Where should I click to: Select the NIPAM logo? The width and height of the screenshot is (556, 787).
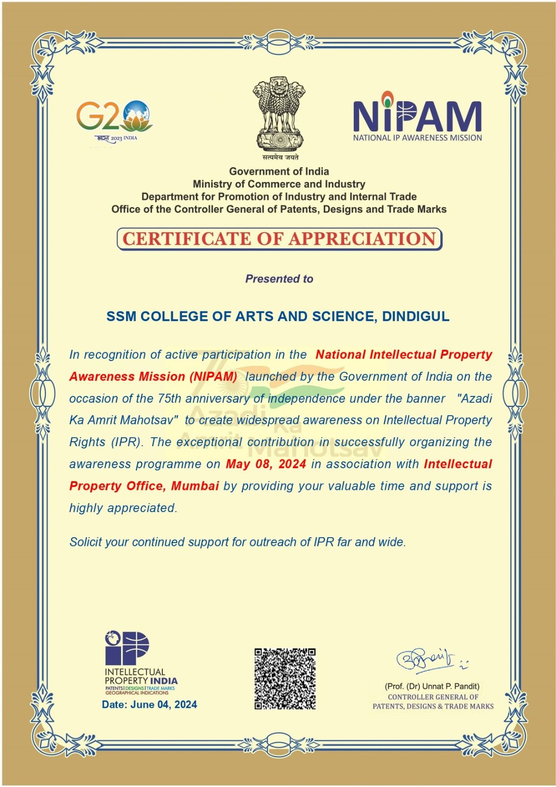coord(417,116)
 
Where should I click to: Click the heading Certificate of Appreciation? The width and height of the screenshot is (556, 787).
coord(279,239)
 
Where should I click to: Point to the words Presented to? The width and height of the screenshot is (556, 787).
coord(279,279)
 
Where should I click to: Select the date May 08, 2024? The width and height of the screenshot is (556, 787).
coord(266,464)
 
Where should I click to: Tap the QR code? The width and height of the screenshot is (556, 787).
coord(285,679)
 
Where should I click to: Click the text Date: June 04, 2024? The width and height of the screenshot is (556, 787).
coord(149,704)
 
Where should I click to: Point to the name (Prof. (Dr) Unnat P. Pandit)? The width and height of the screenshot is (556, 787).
coord(432,686)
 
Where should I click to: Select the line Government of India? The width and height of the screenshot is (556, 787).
coord(279,171)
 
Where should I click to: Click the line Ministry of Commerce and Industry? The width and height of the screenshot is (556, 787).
coord(279,184)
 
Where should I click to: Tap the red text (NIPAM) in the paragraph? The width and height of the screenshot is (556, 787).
coord(214,377)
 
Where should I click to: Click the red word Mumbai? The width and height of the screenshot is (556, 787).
coord(195,486)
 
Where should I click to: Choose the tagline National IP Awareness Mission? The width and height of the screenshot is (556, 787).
coord(417,138)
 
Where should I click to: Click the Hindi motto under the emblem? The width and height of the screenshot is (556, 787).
coord(279,157)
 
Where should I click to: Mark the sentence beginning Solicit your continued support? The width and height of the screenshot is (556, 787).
coord(238,542)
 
